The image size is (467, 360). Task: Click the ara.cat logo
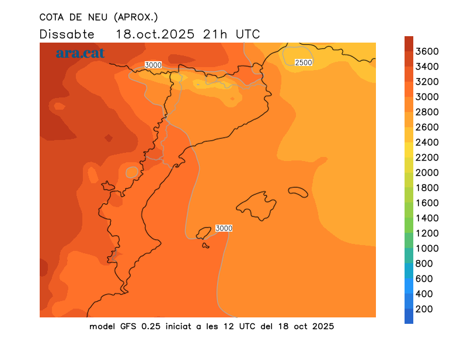80,53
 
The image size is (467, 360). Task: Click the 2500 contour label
304,62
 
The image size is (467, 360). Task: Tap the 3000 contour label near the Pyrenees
153,65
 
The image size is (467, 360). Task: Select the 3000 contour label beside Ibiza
224,228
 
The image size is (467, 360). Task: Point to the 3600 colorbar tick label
427,51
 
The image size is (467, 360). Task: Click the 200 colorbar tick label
424,309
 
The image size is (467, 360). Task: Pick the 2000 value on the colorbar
427,172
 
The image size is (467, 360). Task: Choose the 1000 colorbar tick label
427,248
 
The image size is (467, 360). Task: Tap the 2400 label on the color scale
427,142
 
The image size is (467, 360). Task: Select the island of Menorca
298,192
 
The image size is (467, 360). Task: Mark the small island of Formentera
205,245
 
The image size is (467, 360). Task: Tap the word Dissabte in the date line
67,34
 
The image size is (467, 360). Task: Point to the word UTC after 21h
248,34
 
